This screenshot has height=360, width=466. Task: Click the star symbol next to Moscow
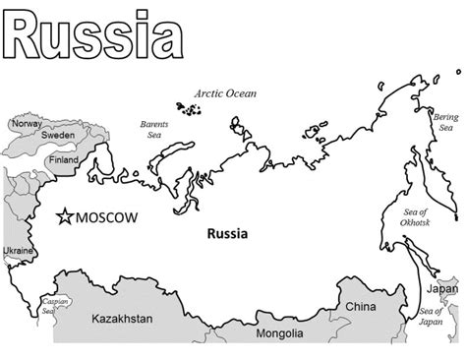click(66, 216)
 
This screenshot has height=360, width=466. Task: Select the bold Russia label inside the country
click(227, 235)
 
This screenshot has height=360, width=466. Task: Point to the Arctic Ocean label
click(224, 94)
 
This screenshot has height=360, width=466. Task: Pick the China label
click(360, 307)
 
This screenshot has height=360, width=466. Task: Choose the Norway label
click(27, 124)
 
